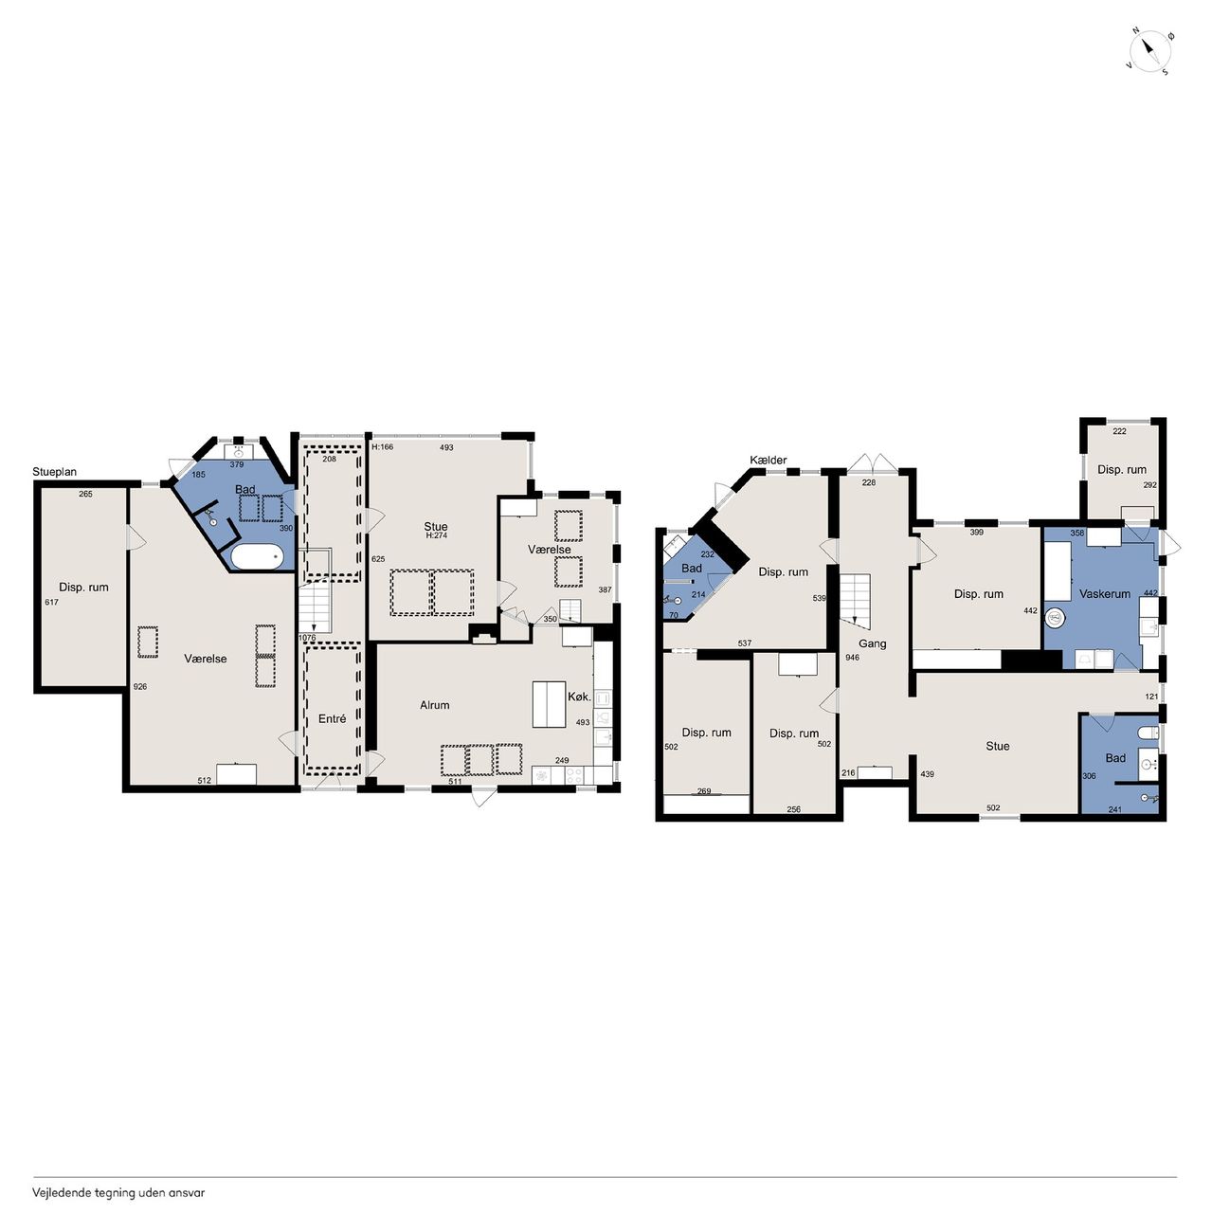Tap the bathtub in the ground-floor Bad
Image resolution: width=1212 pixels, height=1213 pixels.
click(x=256, y=557)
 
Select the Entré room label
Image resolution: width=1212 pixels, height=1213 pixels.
click(x=332, y=718)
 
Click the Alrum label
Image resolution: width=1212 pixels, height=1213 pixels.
click(x=434, y=705)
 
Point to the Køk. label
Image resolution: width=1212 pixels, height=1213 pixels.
click(x=579, y=697)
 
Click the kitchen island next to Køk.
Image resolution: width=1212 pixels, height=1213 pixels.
click(x=549, y=704)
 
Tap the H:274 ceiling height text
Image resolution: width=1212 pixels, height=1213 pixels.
click(x=436, y=535)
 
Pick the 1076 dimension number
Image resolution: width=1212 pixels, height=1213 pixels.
click(x=307, y=638)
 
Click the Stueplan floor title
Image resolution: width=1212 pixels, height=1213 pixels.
click(x=55, y=472)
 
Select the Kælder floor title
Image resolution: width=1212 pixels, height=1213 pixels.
click(x=769, y=461)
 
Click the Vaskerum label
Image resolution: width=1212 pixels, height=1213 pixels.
click(x=1104, y=593)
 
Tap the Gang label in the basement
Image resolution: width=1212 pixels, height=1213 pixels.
click(x=872, y=643)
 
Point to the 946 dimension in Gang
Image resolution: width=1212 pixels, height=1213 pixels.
click(x=853, y=657)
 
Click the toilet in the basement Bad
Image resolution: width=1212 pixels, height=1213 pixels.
click(x=1149, y=733)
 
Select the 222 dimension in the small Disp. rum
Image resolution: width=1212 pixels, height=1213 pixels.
click(x=1119, y=431)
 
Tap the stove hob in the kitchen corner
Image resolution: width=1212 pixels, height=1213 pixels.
click(x=574, y=775)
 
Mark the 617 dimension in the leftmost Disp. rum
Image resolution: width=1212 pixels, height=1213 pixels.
click(x=51, y=603)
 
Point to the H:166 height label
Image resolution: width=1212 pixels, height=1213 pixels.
click(x=382, y=447)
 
